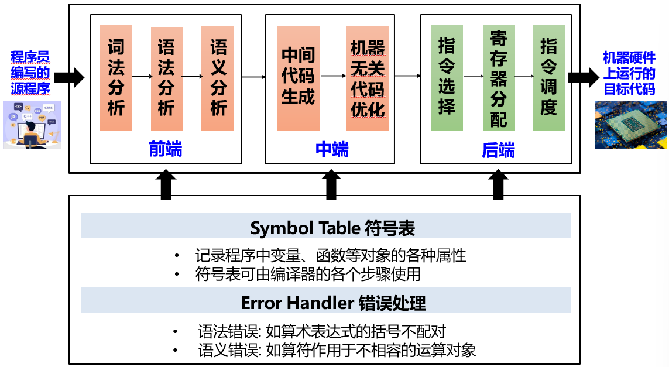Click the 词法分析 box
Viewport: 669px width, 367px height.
pyautogui.click(x=116, y=77)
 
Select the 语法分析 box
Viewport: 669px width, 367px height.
pyautogui.click(x=166, y=78)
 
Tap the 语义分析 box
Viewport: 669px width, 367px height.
pyautogui.click(x=217, y=77)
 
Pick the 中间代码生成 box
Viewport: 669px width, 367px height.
pyautogui.click(x=299, y=77)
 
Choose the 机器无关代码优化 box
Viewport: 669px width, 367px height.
pyautogui.click(x=368, y=77)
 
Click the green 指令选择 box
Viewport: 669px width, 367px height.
pyautogui.click(x=447, y=77)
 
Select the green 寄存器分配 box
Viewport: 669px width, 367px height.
pyautogui.click(x=499, y=77)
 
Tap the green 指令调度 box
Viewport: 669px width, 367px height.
pyautogui.click(x=548, y=77)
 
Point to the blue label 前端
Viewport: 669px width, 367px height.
pyautogui.click(x=166, y=149)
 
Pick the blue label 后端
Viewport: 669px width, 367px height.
pyautogui.click(x=498, y=150)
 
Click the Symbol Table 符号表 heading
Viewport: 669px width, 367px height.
pyautogui.click(x=325, y=227)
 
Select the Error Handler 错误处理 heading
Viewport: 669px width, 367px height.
pyautogui.click(x=325, y=302)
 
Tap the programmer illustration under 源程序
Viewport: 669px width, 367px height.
pyautogui.click(x=32, y=125)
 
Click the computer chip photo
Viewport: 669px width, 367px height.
pyautogui.click(x=630, y=125)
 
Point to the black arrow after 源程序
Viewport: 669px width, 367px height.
pyautogui.click(x=72, y=77)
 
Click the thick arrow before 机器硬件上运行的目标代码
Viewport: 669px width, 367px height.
pyautogui.click(x=582, y=77)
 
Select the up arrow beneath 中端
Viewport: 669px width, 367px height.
pyautogui.click(x=331, y=184)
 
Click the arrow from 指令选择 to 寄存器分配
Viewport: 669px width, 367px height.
pyautogui.click(x=472, y=76)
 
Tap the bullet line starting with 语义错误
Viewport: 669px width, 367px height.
pyautogui.click(x=337, y=351)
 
